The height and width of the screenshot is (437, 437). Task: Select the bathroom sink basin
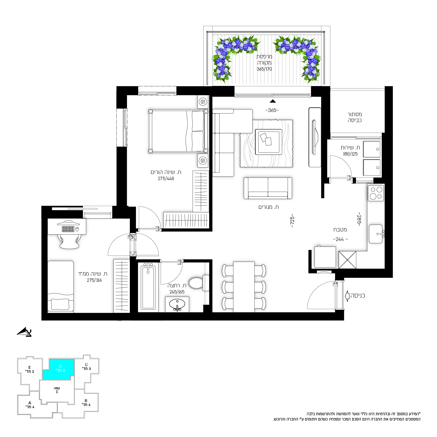(x=177, y=304)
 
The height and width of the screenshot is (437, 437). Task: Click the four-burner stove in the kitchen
(x=376, y=193)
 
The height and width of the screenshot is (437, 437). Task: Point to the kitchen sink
(x=376, y=234)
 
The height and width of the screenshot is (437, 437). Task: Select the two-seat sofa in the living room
(x=268, y=188)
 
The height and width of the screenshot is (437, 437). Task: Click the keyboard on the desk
(x=68, y=229)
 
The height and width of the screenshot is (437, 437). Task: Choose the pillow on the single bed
(x=60, y=304)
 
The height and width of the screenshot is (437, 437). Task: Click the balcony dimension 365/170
(x=264, y=69)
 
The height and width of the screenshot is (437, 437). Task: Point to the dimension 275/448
(x=166, y=178)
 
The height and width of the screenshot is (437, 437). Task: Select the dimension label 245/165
(x=177, y=292)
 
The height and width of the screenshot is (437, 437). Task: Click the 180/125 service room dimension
(x=350, y=154)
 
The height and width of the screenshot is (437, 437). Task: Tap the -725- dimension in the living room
(x=292, y=221)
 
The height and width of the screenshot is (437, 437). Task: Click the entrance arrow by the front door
(x=347, y=296)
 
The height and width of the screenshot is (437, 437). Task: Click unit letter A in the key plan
(x=30, y=403)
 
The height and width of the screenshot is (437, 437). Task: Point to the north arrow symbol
(x=25, y=332)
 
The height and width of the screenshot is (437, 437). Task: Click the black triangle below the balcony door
(x=273, y=101)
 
